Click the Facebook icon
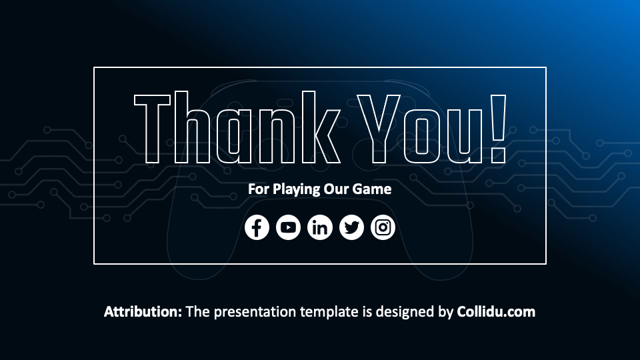257,227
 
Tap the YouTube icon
288,227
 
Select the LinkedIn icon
320,227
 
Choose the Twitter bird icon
351,227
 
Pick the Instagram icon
383,227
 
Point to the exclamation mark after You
497,128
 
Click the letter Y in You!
377,128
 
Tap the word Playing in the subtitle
293,189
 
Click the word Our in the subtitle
336,189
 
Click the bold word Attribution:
143,311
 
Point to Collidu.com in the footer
496,311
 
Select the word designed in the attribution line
413,311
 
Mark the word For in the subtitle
257,189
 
